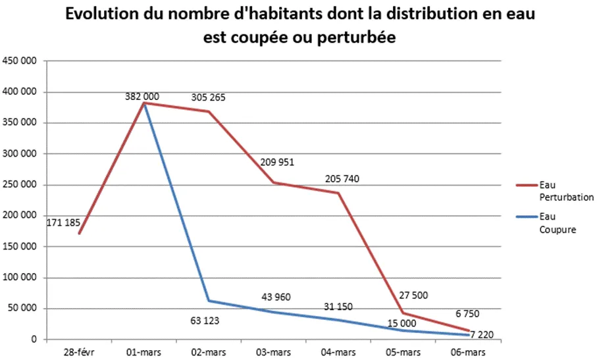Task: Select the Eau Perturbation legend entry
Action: coord(557,191)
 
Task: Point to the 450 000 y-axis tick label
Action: coord(23,61)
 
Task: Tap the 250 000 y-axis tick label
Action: coord(23,185)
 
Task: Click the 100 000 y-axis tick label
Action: coord(23,278)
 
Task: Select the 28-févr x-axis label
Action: coord(78,352)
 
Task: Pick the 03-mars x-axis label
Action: coord(273,352)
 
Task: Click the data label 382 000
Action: coord(142,97)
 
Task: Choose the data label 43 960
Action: coord(276,297)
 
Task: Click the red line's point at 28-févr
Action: coord(79,234)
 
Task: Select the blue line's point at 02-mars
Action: coord(209,301)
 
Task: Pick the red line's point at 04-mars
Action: coord(338,193)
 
